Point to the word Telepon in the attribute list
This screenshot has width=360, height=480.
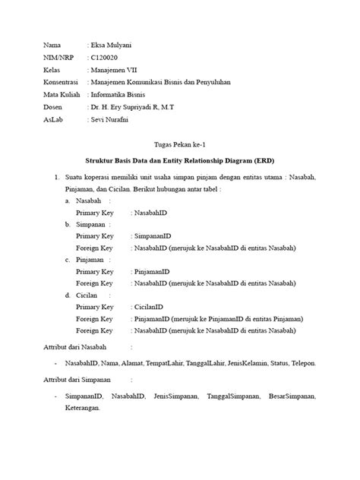302,363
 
